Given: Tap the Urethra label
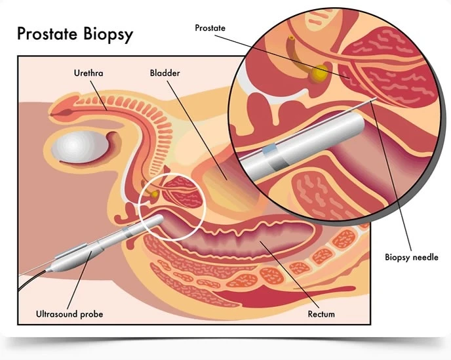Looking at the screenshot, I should pos(88,73).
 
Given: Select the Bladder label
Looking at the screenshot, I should pos(164,73).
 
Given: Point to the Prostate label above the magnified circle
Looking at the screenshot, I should pos(211,28).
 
